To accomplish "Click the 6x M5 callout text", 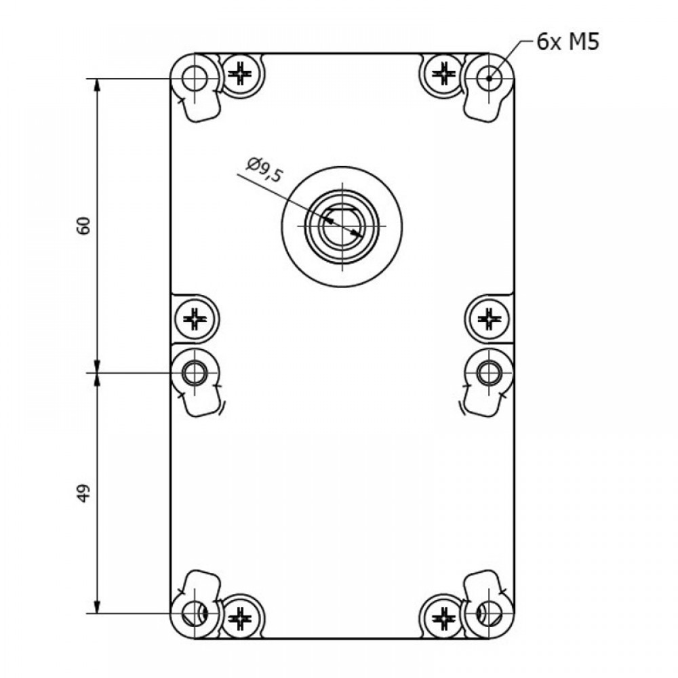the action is [567, 42].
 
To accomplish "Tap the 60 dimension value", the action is [83, 225].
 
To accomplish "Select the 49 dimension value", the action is [83, 493].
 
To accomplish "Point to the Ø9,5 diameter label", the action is [265, 170].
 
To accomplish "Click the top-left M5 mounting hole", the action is [195, 79].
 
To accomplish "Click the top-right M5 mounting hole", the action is [490, 79].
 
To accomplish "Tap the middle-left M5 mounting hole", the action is [195, 372].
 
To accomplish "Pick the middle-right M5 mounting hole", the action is [490, 372].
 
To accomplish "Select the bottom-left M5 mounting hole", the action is [195, 613].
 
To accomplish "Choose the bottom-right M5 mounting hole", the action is [490, 613].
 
